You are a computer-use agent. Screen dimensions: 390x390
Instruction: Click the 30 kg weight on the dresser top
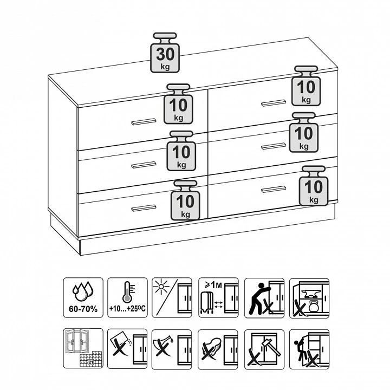coord(165,53)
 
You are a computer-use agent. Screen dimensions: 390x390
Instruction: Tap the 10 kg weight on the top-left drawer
coord(178,104)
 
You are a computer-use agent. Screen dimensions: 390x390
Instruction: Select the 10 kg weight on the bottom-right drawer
coord(314,186)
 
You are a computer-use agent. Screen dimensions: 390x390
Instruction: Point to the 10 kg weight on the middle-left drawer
coord(181,151)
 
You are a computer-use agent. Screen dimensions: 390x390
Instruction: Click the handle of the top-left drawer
coord(144,122)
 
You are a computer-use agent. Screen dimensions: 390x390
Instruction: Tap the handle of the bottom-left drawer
coord(144,208)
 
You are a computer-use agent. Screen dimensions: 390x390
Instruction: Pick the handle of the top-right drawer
coord(274,103)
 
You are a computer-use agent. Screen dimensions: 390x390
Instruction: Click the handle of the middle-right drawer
coord(274,146)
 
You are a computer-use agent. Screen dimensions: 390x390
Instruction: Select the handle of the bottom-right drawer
coord(274,189)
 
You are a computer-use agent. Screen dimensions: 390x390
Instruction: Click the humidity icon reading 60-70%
coord(83,298)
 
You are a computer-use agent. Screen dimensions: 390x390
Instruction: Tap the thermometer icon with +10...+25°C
coord(127,298)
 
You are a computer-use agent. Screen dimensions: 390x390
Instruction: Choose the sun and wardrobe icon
coord(172,298)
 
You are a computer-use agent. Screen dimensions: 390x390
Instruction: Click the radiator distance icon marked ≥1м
coord(218,298)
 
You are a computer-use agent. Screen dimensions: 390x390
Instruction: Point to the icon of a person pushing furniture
coord(264,298)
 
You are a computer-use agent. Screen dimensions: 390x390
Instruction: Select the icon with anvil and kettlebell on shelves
coord(309,298)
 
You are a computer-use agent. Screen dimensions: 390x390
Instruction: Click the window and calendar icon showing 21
coord(83,348)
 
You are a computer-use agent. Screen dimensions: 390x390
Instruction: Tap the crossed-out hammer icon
coord(264,349)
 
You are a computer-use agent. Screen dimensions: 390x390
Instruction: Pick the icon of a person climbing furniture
coord(309,349)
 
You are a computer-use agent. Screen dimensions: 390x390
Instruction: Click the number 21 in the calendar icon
coord(90,362)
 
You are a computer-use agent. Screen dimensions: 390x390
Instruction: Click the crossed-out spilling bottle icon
coord(172,349)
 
